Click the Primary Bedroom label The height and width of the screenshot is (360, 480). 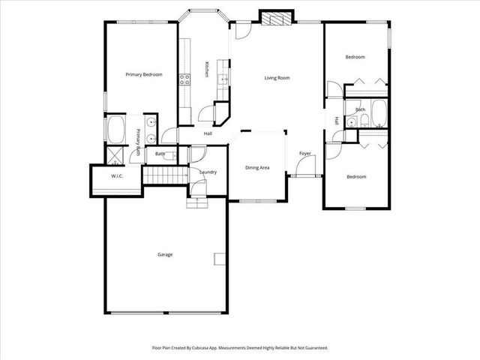(144, 74)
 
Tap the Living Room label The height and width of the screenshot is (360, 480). (277, 78)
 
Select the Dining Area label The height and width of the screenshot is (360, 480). (257, 168)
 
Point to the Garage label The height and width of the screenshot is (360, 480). (165, 254)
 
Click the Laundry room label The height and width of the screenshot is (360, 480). (208, 172)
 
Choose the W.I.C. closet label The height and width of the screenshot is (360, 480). (117, 177)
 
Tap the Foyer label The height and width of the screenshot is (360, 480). (305, 154)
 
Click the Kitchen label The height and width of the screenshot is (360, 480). (207, 68)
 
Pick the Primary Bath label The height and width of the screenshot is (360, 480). (139, 142)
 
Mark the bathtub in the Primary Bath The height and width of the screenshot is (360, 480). (117, 130)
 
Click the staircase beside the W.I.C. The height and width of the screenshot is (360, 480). (164, 176)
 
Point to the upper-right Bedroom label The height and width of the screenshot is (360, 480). (355, 57)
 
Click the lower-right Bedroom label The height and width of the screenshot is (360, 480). (356, 177)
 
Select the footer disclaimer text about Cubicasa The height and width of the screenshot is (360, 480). (240, 348)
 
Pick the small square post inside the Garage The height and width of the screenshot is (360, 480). (219, 259)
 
